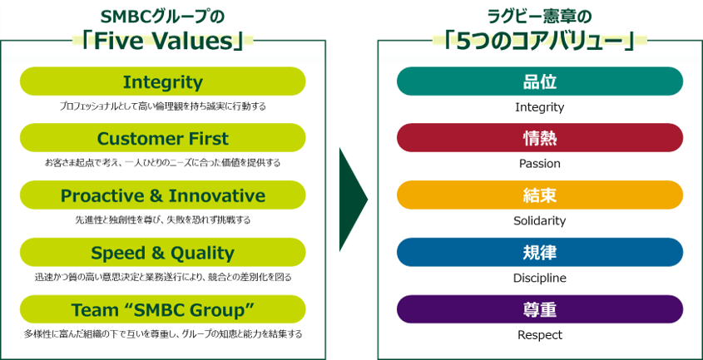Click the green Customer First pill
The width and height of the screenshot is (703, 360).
click(x=163, y=138)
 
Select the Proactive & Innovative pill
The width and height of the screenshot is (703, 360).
click(x=163, y=195)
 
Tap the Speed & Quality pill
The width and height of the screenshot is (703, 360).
click(x=163, y=253)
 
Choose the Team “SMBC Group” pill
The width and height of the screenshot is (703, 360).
click(x=163, y=309)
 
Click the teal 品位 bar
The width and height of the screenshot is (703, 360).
click(x=540, y=81)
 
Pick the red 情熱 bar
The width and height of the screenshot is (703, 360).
click(x=540, y=138)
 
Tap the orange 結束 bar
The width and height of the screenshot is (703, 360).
click(x=540, y=195)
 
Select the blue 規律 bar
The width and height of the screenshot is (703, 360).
click(x=540, y=253)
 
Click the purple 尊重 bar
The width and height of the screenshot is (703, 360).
click(x=540, y=309)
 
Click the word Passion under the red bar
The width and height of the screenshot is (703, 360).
click(x=540, y=164)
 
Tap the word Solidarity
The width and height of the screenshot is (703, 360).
click(x=540, y=221)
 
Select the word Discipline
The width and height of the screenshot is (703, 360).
click(x=540, y=278)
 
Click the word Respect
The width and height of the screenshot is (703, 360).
click(x=540, y=335)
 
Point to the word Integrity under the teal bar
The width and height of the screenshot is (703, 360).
click(x=540, y=107)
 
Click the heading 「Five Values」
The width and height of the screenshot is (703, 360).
click(x=163, y=42)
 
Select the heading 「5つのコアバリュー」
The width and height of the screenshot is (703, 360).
click(x=539, y=42)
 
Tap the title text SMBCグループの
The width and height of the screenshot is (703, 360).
click(x=162, y=17)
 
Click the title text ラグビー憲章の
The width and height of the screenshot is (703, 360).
click(x=539, y=17)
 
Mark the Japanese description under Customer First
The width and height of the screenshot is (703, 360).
click(x=163, y=163)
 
